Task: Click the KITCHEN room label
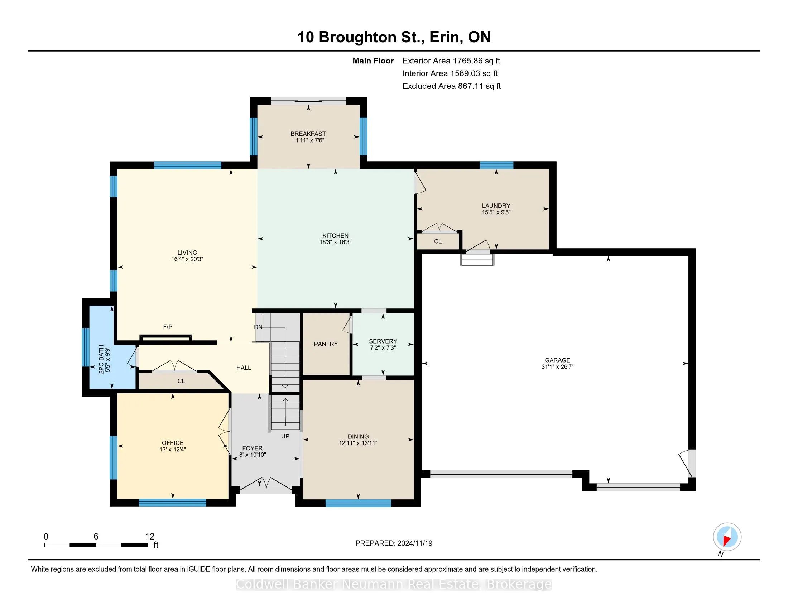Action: pos(335,236)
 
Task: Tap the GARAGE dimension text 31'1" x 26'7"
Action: pos(557,366)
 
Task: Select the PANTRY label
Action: pos(326,344)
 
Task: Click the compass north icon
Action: pos(727,537)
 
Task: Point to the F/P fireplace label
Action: pos(168,327)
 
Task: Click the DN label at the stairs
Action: pos(258,327)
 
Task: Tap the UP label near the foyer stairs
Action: pos(285,436)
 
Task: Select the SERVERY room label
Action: pos(383,341)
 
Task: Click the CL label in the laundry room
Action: pos(438,241)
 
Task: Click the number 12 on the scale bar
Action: pos(150,537)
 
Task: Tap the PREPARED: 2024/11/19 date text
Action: pos(394,543)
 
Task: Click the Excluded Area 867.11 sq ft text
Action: pos(451,86)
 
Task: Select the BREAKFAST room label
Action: pos(308,134)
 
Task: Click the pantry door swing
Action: pos(347,325)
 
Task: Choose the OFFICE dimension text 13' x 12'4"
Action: pos(173,450)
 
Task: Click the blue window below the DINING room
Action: pos(358,503)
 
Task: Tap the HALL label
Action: pos(244,368)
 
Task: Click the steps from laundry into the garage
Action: pos(477,260)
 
